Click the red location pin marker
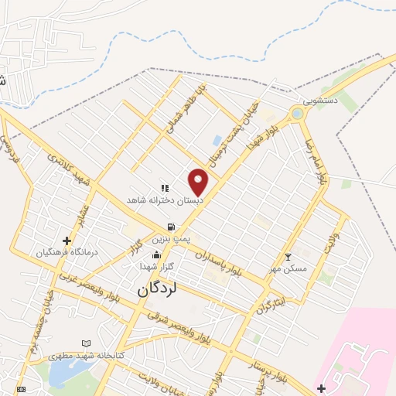tap(198, 182)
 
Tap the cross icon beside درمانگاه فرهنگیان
tap(67, 241)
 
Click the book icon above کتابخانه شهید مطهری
tap(86, 343)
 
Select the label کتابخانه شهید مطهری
tap(81, 356)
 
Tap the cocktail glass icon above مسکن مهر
tap(288, 257)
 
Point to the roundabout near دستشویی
tap(297, 114)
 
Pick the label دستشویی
tap(319, 101)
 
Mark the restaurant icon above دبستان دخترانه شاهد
tap(164, 188)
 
